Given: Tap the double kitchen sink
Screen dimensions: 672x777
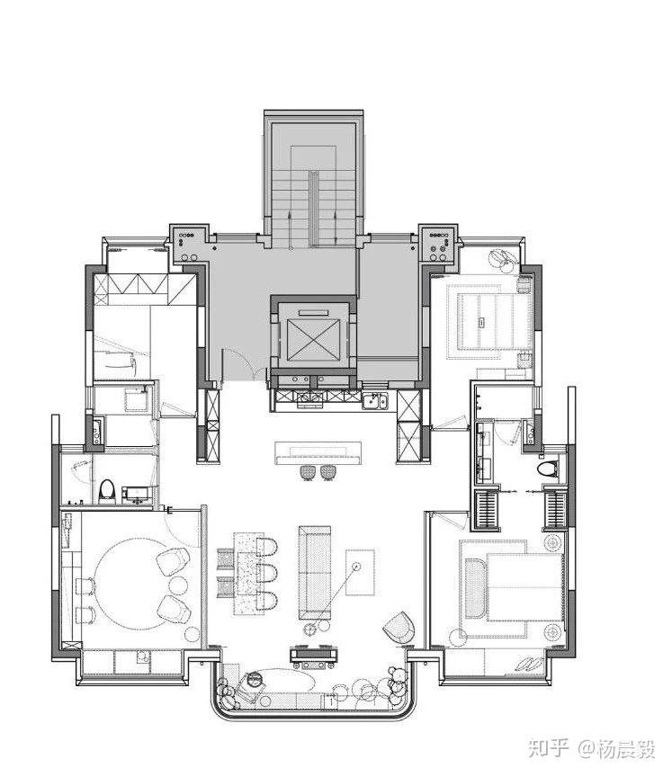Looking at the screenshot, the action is click(374, 401).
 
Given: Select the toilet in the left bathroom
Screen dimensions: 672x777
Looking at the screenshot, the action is click(106, 491).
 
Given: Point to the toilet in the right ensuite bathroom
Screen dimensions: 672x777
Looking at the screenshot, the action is click(548, 469).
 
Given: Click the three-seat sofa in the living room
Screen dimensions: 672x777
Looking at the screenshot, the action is click(315, 572).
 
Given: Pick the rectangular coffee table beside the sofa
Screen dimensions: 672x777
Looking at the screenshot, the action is click(360, 572).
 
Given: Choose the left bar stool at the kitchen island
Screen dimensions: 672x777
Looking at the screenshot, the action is click(309, 472).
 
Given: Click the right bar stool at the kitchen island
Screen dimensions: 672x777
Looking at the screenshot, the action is click(327, 472).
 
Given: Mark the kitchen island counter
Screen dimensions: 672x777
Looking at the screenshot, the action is click(318, 453).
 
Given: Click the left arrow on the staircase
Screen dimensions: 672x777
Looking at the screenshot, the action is click(289, 226).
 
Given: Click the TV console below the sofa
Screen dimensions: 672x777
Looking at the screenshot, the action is click(315, 655).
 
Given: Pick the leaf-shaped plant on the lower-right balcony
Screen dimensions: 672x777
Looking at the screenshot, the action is click(528, 663).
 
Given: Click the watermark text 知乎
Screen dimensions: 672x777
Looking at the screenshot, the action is click(548, 748).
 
